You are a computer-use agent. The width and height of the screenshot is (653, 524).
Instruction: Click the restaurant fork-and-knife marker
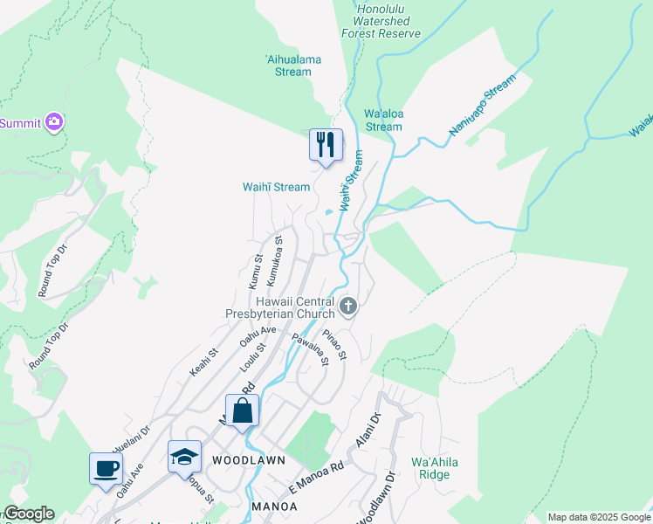click(x=326, y=145)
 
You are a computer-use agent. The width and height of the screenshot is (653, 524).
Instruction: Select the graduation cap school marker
click(x=185, y=458)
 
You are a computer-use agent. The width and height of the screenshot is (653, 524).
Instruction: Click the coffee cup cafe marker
click(x=106, y=468)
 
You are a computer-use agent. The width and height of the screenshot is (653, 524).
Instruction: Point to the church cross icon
click(x=348, y=306)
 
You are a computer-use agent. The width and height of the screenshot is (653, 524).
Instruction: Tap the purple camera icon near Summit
click(x=54, y=122)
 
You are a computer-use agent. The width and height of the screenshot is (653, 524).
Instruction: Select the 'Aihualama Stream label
click(x=287, y=65)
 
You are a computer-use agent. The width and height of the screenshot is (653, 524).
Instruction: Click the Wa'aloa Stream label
click(x=383, y=121)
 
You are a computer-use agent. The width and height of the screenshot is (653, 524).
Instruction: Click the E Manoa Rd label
click(x=318, y=479)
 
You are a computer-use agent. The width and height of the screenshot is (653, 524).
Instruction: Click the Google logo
click(x=29, y=514)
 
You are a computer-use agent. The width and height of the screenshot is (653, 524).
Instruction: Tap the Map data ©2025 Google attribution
click(x=599, y=517)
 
